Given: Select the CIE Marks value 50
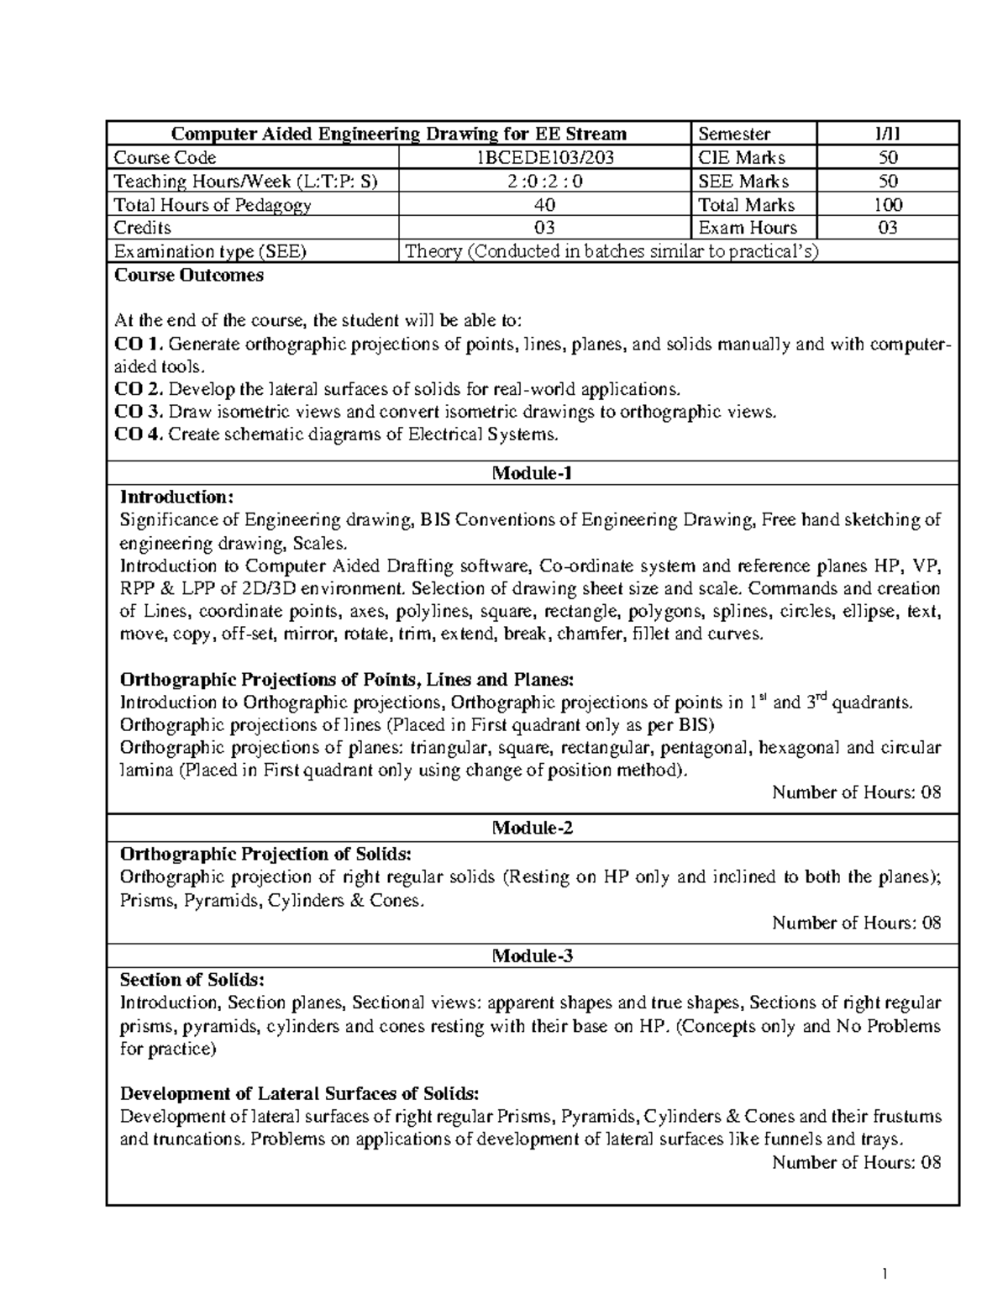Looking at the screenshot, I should coord(888,157).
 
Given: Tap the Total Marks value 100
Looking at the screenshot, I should coord(888,204).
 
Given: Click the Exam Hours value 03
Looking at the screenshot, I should coord(888,227).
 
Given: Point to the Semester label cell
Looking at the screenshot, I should coord(734,134).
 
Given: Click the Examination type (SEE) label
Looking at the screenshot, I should coord(210,250).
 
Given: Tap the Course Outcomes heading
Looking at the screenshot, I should coord(189,275).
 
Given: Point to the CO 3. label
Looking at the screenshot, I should coord(139,412).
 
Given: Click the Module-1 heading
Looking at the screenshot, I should coord(533,473).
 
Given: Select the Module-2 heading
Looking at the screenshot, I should coord(533,828).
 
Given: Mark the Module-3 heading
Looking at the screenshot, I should coord(533,955).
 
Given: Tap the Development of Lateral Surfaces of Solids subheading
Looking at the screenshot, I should coord(300,1093).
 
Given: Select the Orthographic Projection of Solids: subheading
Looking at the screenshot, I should coord(265,854).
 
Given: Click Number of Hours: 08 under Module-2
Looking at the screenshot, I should coord(856,923).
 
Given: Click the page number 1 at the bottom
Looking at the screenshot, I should coord(885,1274).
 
